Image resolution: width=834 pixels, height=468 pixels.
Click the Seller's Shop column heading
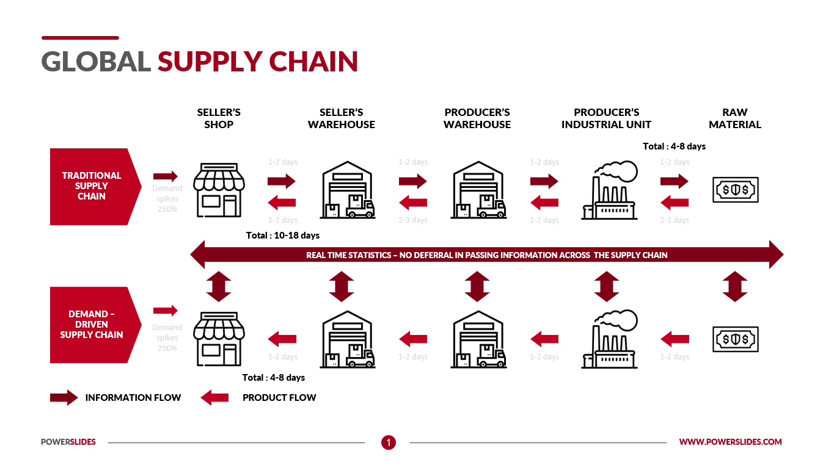[x=219, y=118]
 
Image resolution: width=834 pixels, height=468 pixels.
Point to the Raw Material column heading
[x=734, y=118]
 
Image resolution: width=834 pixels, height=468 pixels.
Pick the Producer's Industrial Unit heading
[x=606, y=118]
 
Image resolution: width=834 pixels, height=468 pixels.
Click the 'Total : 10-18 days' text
[x=282, y=236]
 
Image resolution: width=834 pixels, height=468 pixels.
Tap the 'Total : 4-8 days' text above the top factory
[x=674, y=146]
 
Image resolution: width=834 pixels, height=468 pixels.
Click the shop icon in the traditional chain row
[x=219, y=190]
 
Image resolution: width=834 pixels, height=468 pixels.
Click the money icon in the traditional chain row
[x=736, y=190]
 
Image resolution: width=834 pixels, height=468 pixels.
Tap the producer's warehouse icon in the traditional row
[x=478, y=190]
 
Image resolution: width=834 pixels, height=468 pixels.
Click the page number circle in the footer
[x=389, y=442]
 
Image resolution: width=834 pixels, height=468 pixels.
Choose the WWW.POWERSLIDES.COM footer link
[x=730, y=442]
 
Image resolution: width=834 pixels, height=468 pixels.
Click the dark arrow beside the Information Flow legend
[x=64, y=398]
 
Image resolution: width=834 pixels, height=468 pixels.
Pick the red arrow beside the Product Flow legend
[x=214, y=398]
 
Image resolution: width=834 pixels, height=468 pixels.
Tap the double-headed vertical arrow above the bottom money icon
[x=734, y=286]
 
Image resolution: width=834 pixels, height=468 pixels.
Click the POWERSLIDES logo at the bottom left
[x=68, y=442]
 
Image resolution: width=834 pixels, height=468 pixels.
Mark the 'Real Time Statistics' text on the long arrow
[x=486, y=255]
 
